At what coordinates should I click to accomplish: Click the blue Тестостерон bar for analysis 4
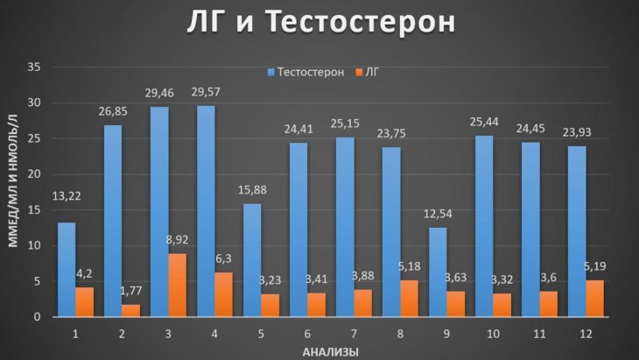[206, 211]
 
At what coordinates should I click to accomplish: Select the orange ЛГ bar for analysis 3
[178, 285]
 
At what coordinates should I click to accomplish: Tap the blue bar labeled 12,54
[438, 272]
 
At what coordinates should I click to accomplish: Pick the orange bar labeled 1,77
[130, 310]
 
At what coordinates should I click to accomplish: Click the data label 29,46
[159, 93]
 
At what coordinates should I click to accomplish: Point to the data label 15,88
[252, 190]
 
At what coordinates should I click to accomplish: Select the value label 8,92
[178, 240]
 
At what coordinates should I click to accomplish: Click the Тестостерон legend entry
[305, 72]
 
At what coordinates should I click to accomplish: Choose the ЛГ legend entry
[368, 72]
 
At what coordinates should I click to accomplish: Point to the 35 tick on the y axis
[34, 67]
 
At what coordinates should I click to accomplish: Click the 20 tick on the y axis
[34, 174]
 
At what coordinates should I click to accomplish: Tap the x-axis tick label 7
[354, 334]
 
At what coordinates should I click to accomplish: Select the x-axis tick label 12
[586, 334]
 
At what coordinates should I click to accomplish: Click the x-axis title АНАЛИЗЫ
[331, 352]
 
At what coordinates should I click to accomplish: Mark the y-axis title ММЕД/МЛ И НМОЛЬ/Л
[13, 180]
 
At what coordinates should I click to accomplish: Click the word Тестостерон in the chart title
[361, 21]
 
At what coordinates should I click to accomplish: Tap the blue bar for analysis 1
[67, 270]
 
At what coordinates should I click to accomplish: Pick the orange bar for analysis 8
[409, 299]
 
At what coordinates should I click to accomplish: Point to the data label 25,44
[484, 122]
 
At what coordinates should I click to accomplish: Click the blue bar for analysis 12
[577, 231]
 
